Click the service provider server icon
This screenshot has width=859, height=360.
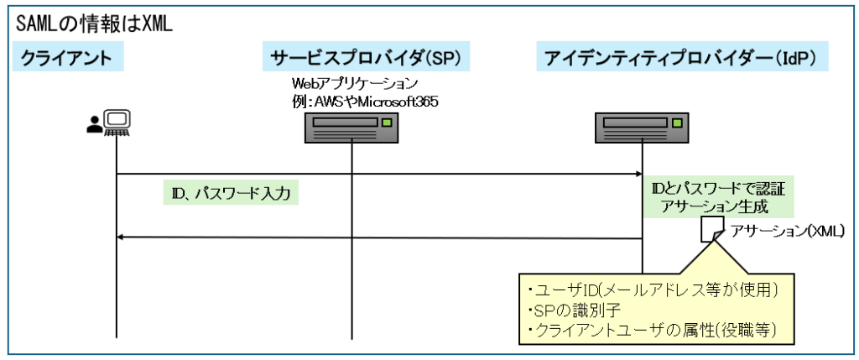click(351, 128)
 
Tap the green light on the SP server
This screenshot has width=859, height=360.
click(386, 123)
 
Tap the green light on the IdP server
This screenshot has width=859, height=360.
click(679, 123)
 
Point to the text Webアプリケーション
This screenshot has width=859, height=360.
click(353, 84)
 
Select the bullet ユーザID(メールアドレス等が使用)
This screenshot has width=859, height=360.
click(654, 290)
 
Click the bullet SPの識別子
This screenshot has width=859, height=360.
click(572, 310)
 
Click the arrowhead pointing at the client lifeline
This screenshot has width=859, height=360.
click(121, 237)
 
